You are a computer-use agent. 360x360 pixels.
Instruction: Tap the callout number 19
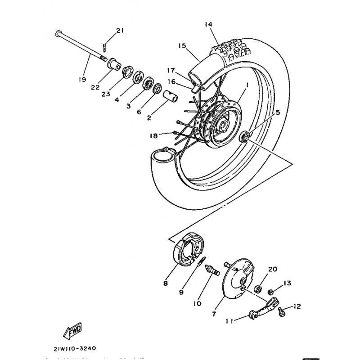[x=81, y=79]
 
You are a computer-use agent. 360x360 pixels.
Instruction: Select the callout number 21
[x=119, y=30]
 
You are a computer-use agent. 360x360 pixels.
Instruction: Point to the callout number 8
[x=166, y=284]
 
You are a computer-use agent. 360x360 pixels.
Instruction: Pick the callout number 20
[x=271, y=269]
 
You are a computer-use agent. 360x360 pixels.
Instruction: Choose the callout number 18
[x=154, y=135]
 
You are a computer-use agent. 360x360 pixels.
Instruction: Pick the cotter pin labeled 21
[x=105, y=45]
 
